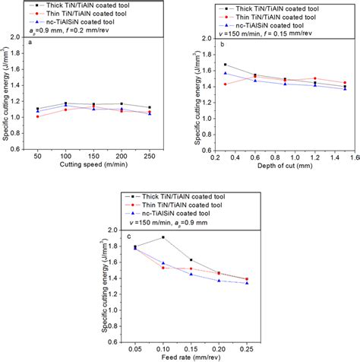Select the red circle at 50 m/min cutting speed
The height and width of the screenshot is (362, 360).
point(39,116)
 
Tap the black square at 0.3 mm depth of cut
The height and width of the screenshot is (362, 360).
point(226,65)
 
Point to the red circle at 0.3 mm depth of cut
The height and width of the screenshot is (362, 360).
point(226,84)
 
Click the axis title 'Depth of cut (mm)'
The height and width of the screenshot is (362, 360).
point(285,184)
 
